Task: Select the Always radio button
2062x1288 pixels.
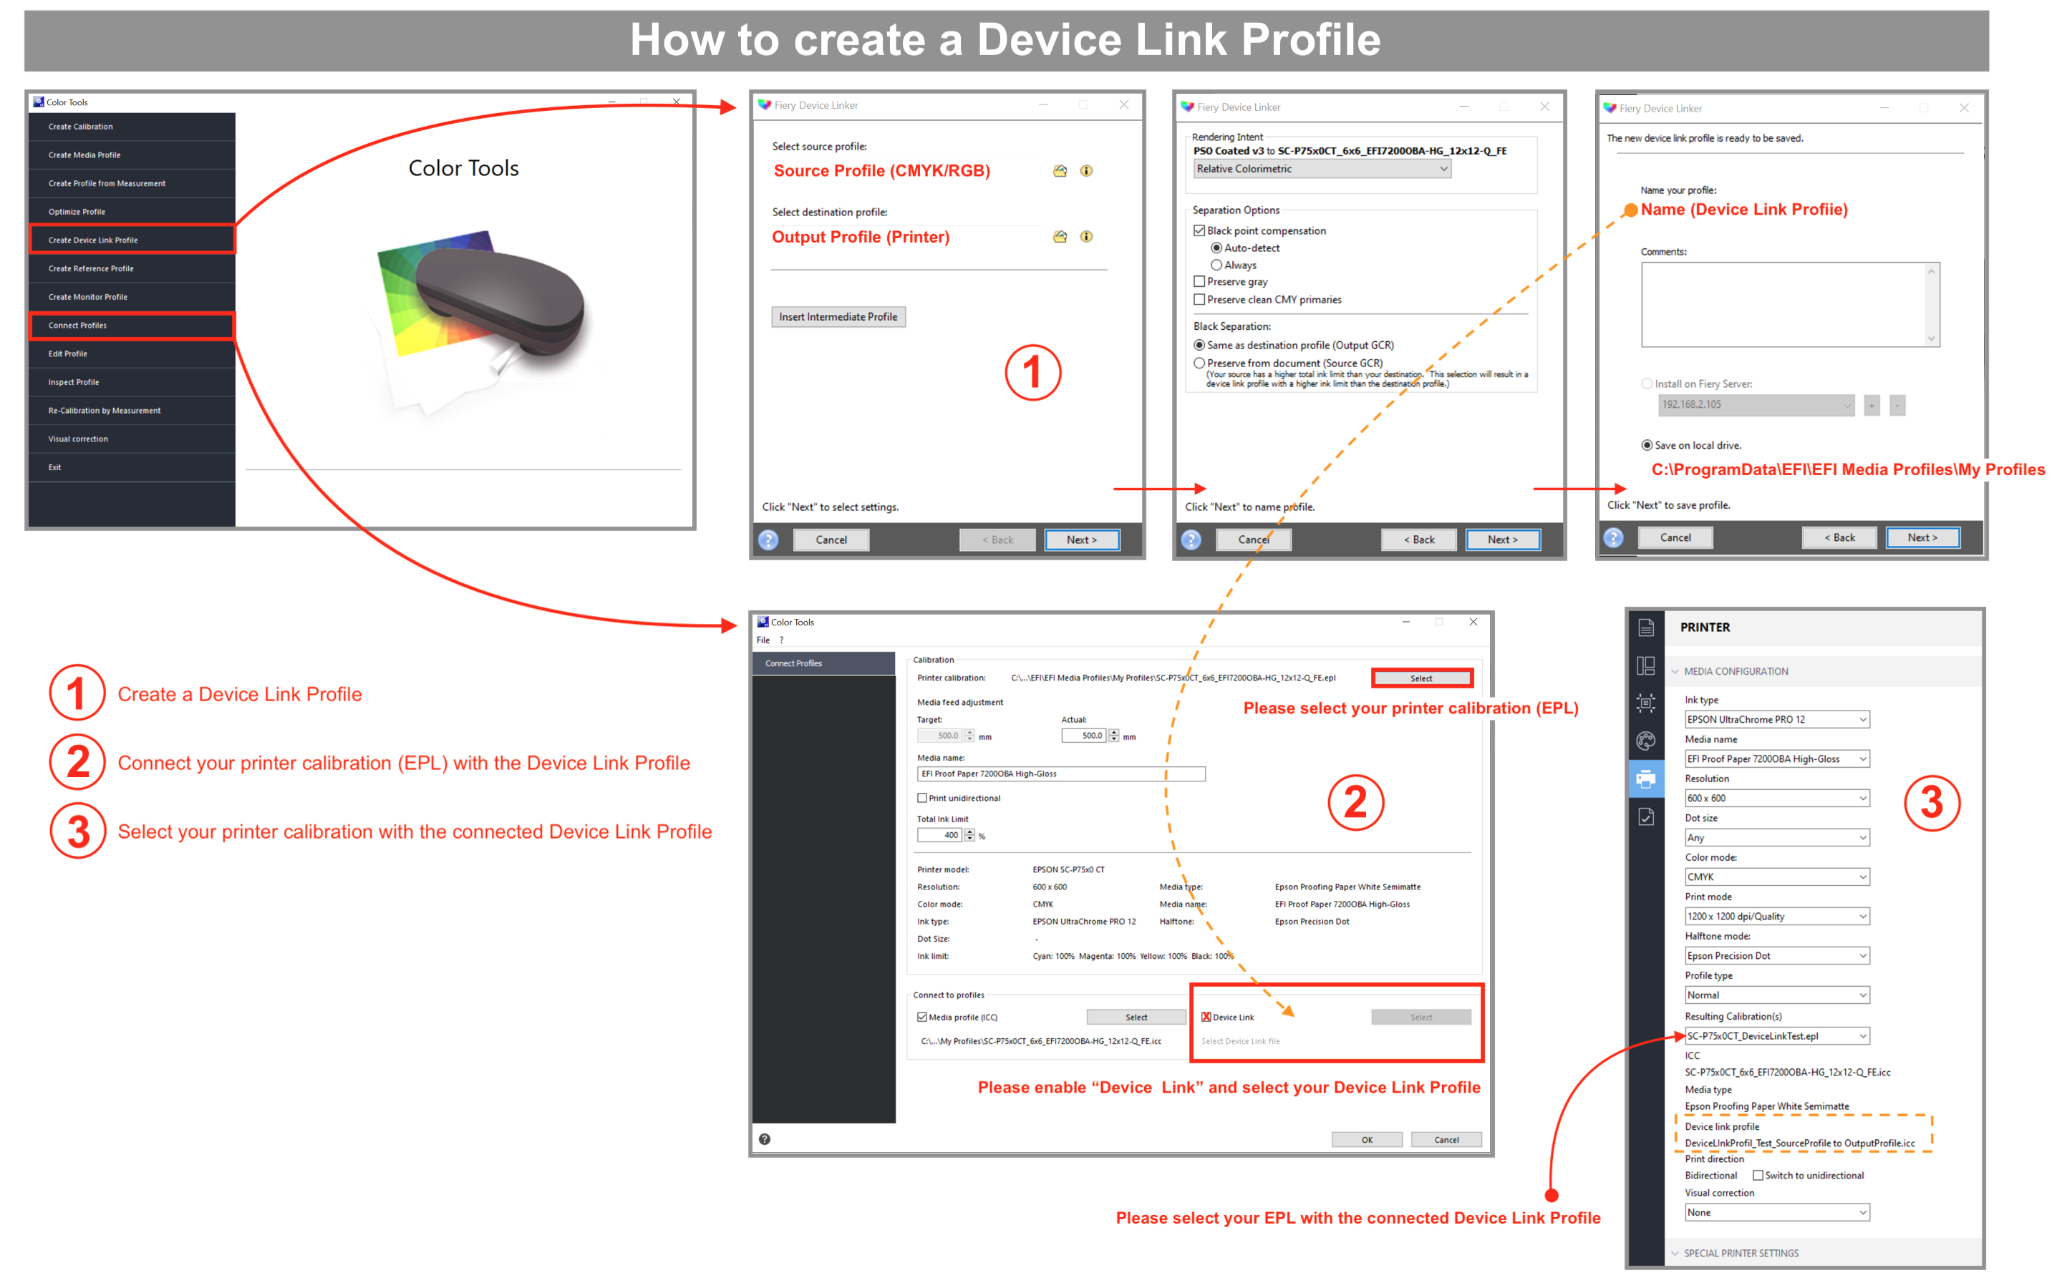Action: [1216, 265]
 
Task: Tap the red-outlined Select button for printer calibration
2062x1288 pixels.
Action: [1421, 678]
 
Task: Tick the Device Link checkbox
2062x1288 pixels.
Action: [1206, 1017]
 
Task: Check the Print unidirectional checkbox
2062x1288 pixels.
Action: [922, 798]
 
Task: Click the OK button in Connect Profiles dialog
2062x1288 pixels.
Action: [1366, 1140]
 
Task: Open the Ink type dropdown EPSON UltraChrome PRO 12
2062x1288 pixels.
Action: [1776, 720]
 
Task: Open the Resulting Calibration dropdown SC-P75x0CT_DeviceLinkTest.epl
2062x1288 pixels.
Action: [1776, 1036]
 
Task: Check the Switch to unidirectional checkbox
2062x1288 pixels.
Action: [1757, 1176]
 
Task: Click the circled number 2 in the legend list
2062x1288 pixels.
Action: [77, 762]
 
